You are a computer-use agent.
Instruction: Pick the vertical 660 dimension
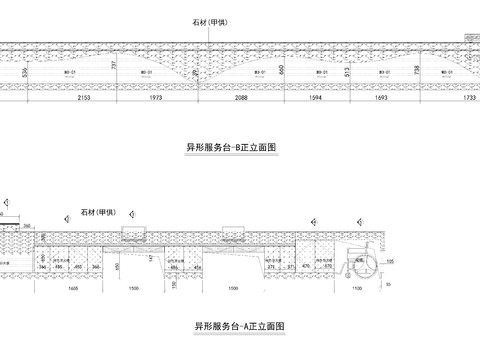tap(284, 70)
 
